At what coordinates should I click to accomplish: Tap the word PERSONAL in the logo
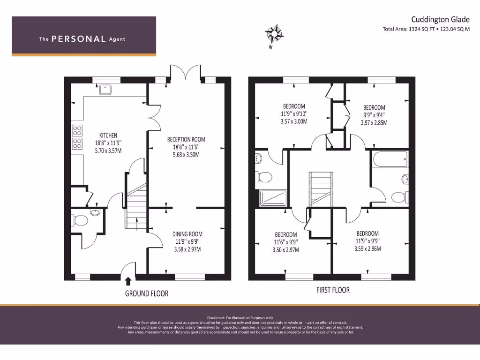[78, 39]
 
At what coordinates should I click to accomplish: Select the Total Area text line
[426, 29]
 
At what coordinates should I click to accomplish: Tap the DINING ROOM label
[187, 234]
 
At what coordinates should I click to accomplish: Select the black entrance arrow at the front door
[128, 281]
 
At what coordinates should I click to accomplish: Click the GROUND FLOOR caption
[146, 293]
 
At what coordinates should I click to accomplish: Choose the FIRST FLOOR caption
[333, 290]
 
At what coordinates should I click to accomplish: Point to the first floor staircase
[321, 188]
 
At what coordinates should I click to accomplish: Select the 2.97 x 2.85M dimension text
[374, 123]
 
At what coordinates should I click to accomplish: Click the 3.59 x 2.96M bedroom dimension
[367, 249]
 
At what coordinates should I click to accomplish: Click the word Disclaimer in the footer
[217, 318]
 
